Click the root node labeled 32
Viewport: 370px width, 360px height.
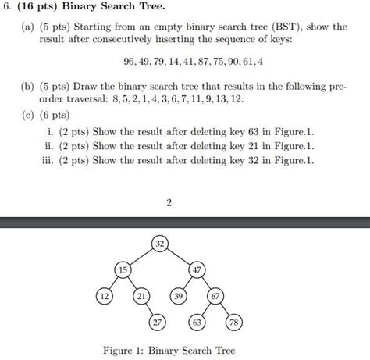(x=159, y=245)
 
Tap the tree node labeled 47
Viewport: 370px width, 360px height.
(x=198, y=270)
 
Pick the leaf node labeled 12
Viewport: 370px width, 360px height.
(x=102, y=297)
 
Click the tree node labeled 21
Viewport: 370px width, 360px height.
(x=141, y=297)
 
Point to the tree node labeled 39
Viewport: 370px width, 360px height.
(x=179, y=297)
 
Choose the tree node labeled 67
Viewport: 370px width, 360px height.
(x=217, y=297)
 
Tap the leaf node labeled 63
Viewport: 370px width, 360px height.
(x=198, y=323)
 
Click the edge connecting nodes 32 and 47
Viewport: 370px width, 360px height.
(x=179, y=258)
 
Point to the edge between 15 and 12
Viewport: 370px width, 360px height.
(x=112, y=283)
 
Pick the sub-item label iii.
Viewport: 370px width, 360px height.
(x=53, y=161)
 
